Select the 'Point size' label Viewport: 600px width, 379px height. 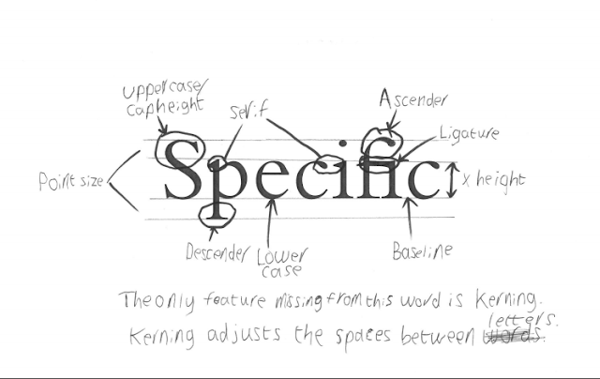pyautogui.click(x=70, y=180)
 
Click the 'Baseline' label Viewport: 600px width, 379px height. pyautogui.click(x=422, y=251)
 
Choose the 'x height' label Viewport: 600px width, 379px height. pyautogui.click(x=493, y=179)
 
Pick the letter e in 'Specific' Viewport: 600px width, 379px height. pyautogui.click(x=270, y=179)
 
